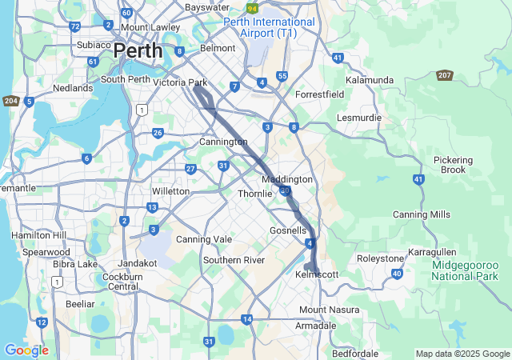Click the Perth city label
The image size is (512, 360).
(138, 51)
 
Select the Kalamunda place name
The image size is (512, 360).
(369, 80)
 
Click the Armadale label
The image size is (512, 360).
(317, 326)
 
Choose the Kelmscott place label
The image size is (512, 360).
(318, 274)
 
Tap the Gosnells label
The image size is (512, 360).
(288, 230)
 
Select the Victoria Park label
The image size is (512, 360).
(180, 82)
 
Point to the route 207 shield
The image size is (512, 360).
(446, 75)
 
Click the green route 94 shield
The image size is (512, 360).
(253, 8)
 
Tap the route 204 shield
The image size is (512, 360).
(10, 100)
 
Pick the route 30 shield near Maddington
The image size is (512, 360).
(285, 190)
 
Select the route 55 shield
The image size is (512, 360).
(282, 76)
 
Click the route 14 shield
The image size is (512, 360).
(247, 319)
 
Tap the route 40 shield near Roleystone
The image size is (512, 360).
(397, 274)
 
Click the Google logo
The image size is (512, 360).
(26, 350)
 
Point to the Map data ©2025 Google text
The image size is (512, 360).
(462, 354)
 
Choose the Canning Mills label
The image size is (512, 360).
(421, 214)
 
